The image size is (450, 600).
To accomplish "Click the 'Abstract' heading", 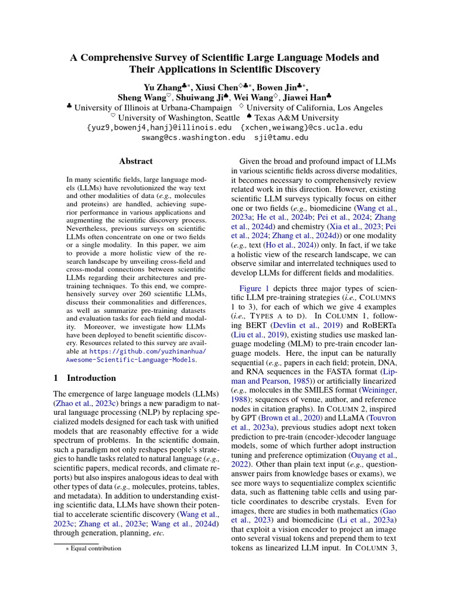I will coord(135,161).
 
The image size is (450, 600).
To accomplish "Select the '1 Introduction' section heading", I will coord(85,378).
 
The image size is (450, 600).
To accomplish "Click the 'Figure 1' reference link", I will coord(254,288).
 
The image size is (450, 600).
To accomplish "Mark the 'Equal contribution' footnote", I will coord(96,548).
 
